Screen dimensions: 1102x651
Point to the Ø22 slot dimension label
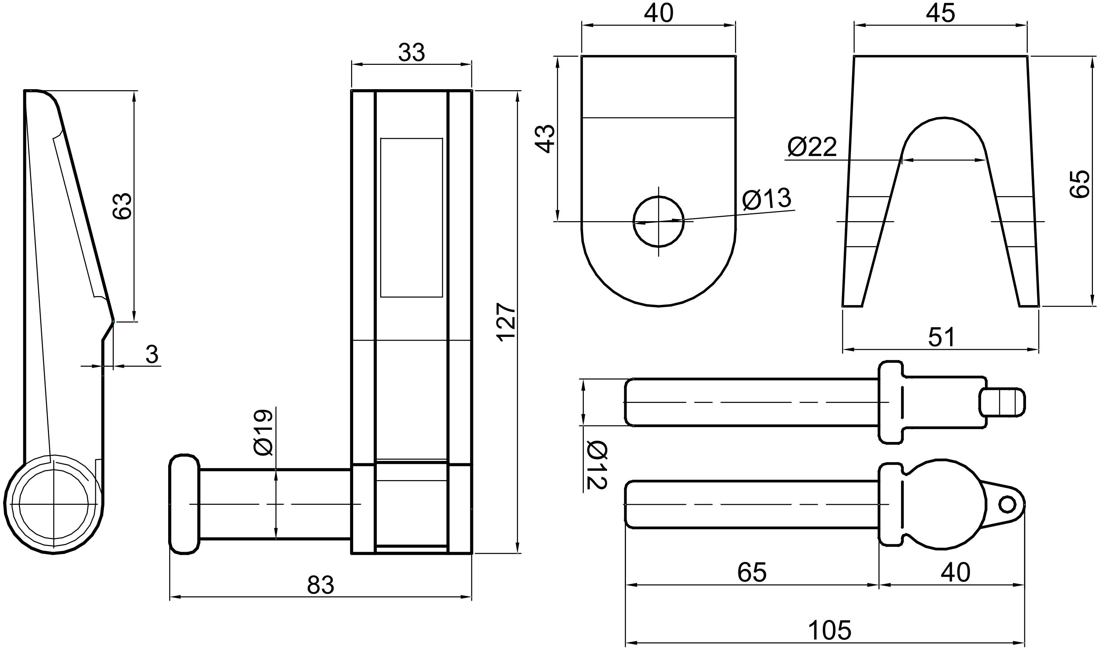[812, 147]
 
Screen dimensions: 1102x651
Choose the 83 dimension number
[320, 585]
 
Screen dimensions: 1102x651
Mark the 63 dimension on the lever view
[122, 205]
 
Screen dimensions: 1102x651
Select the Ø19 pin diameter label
[263, 432]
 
